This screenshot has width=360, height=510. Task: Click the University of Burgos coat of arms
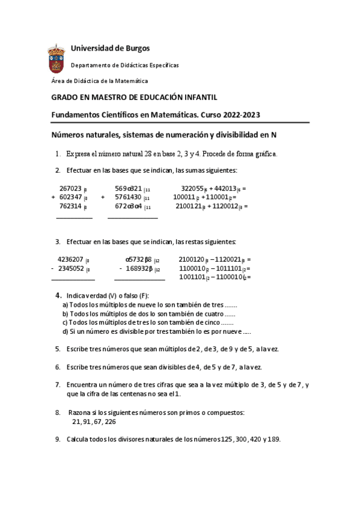point(57,59)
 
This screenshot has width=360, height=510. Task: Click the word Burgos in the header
point(136,48)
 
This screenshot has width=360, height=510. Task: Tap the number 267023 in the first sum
point(72,188)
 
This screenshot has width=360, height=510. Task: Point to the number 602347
point(72,197)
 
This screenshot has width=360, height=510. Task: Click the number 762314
point(72,206)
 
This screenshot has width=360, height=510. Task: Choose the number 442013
point(226,188)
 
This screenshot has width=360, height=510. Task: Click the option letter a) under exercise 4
point(65,305)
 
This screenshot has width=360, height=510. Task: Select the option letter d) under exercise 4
point(65,331)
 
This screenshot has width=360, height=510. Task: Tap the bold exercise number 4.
point(58,295)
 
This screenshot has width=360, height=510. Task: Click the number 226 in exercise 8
point(110,422)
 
